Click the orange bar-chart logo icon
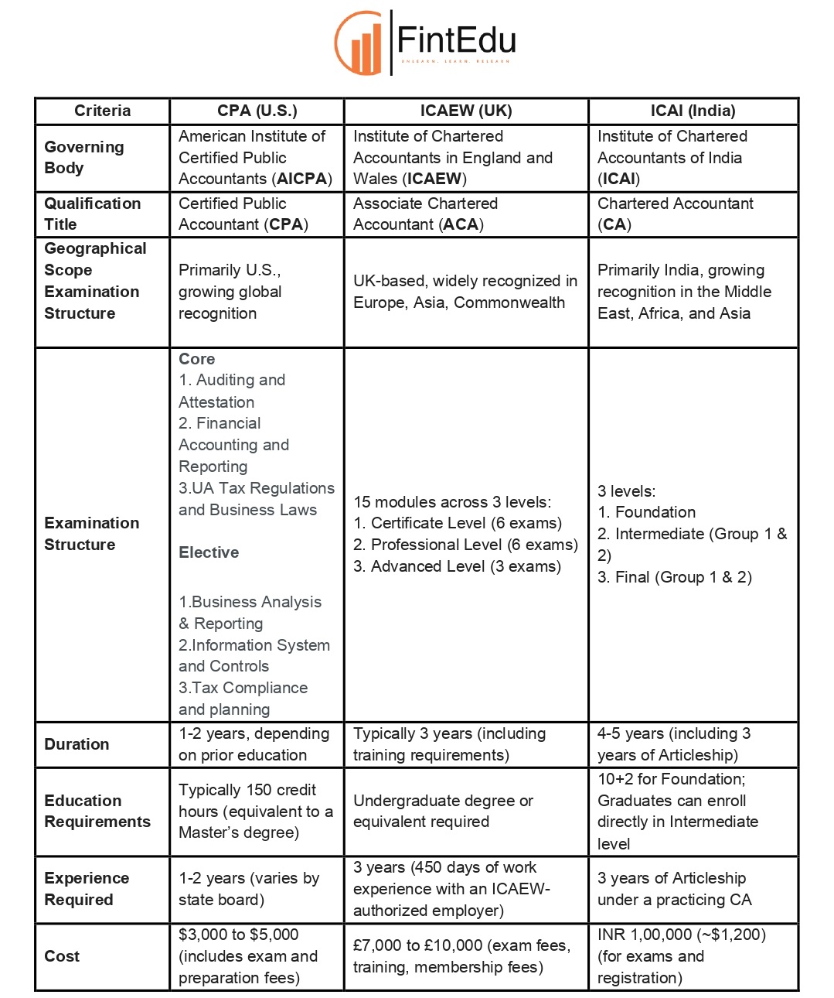tap(360, 43)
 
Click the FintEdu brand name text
tap(456, 40)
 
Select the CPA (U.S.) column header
tap(257, 111)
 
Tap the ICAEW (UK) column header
tap(466, 111)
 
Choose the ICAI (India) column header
tap(693, 111)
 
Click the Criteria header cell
tap(102, 111)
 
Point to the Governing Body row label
tap(83, 157)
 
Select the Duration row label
tap(77, 744)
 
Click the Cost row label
tap(62, 956)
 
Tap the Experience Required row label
tap(87, 889)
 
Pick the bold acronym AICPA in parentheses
tap(303, 179)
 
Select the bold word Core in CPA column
tap(196, 359)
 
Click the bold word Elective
tap(209, 552)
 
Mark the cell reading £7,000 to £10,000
tap(461, 956)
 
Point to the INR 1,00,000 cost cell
tap(681, 956)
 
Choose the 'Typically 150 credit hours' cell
tap(255, 811)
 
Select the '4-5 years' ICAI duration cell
tap(673, 744)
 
